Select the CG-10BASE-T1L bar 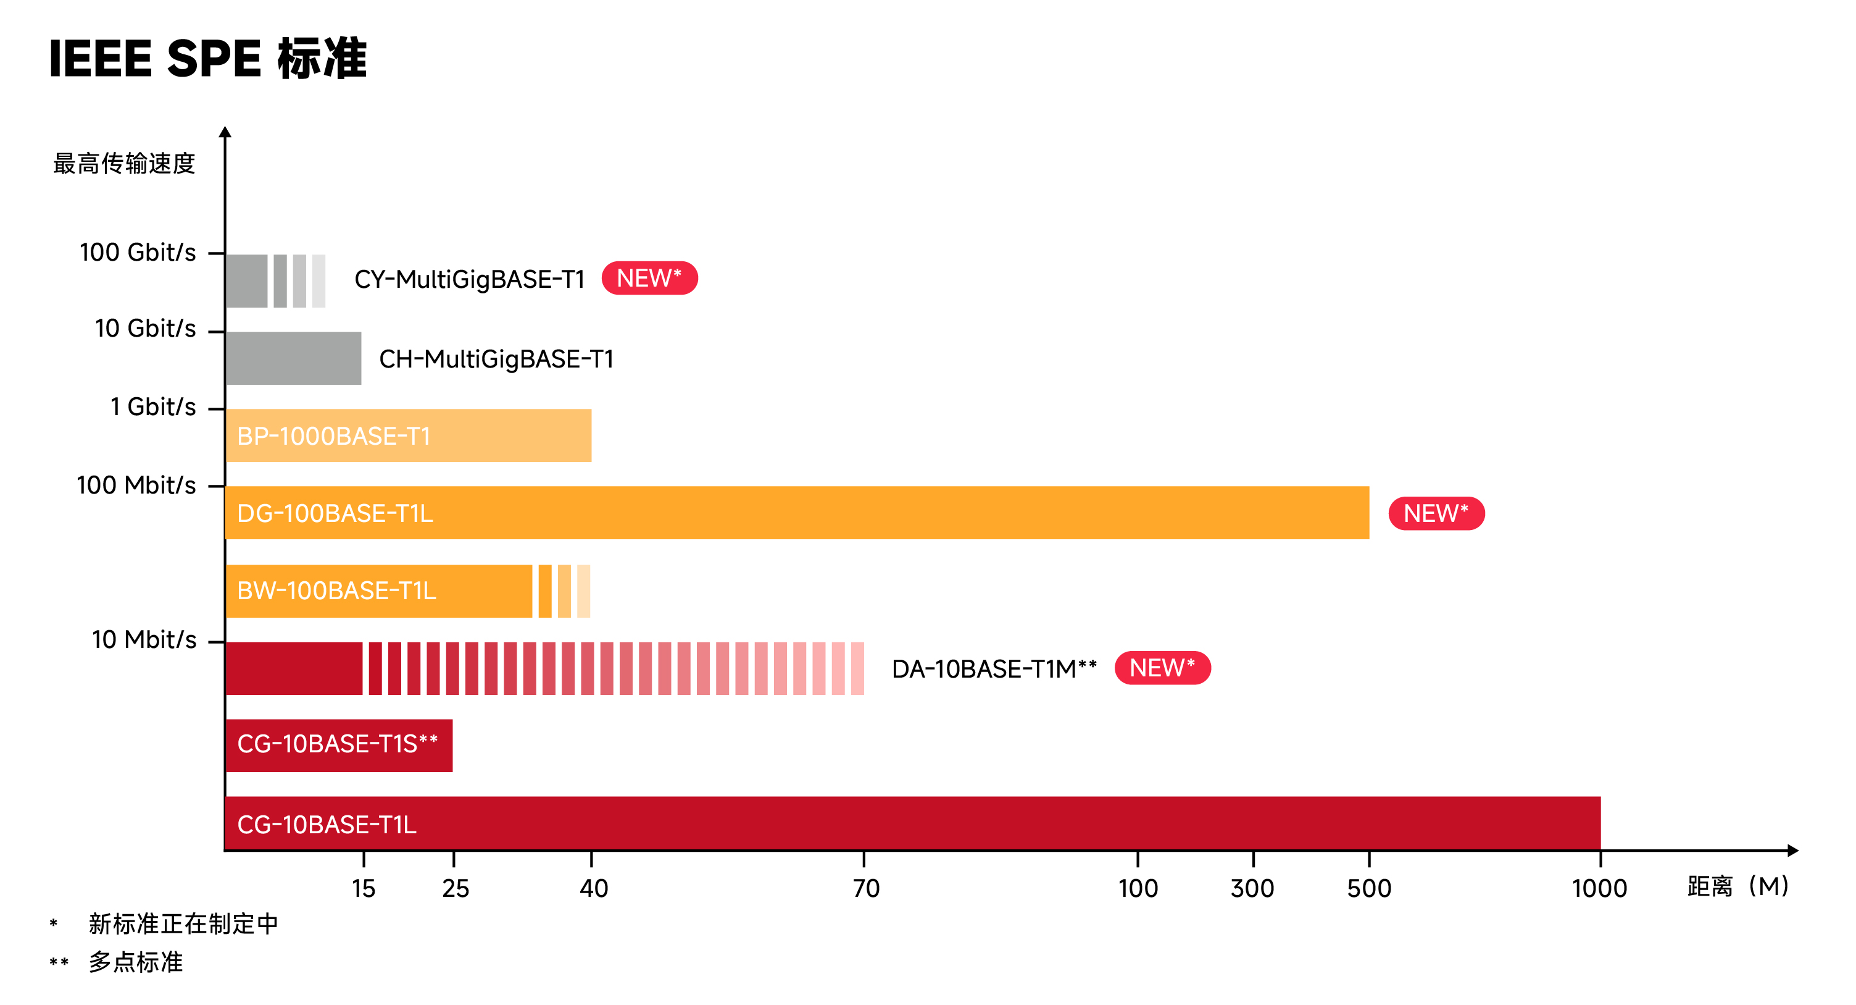tap(912, 823)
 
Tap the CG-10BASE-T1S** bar tap(339, 745)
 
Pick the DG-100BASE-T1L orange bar tap(796, 513)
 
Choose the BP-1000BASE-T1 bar tap(408, 435)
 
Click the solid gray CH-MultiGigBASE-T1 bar tap(293, 358)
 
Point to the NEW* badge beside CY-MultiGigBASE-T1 tap(649, 279)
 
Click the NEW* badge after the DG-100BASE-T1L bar tap(1436, 513)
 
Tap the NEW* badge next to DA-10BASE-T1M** tap(1162, 668)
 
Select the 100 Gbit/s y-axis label tap(138, 253)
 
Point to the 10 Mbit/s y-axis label tap(144, 639)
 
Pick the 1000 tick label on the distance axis tap(1599, 888)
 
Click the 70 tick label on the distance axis tap(865, 888)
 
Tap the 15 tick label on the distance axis tap(364, 888)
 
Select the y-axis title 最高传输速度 tap(124, 164)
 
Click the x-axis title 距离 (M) tap(1737, 886)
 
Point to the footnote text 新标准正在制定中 tap(183, 923)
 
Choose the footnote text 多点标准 tap(135, 962)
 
